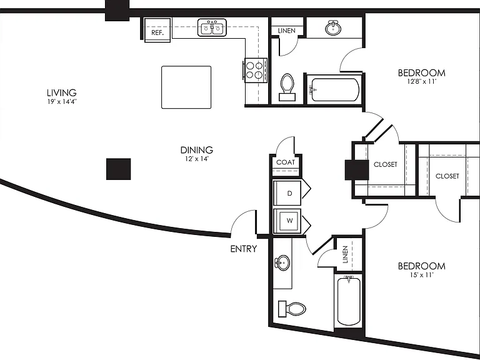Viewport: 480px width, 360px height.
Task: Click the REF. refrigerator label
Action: (x=157, y=32)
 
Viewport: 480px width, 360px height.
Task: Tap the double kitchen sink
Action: (x=212, y=27)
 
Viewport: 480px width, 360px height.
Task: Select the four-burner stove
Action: (x=256, y=70)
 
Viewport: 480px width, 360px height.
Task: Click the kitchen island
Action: (x=186, y=87)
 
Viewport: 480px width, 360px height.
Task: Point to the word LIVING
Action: (x=61, y=92)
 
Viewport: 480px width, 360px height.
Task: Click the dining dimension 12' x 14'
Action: (x=197, y=159)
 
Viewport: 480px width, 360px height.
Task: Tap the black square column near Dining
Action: (x=119, y=169)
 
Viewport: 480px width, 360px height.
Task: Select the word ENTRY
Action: (x=243, y=249)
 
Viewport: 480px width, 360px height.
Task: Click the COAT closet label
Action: (x=285, y=162)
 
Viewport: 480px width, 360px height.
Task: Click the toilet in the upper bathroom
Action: (x=287, y=87)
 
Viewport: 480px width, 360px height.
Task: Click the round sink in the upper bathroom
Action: (x=333, y=28)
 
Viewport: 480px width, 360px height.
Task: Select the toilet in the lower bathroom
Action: (x=292, y=309)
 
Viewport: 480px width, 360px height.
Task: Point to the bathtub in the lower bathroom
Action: (x=348, y=300)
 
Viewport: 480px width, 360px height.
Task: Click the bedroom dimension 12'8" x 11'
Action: (x=421, y=82)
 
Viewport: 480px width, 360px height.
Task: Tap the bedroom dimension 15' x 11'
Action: (x=421, y=275)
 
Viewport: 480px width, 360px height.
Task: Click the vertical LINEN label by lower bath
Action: (x=345, y=254)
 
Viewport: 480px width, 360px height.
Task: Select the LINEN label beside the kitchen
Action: (x=286, y=31)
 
